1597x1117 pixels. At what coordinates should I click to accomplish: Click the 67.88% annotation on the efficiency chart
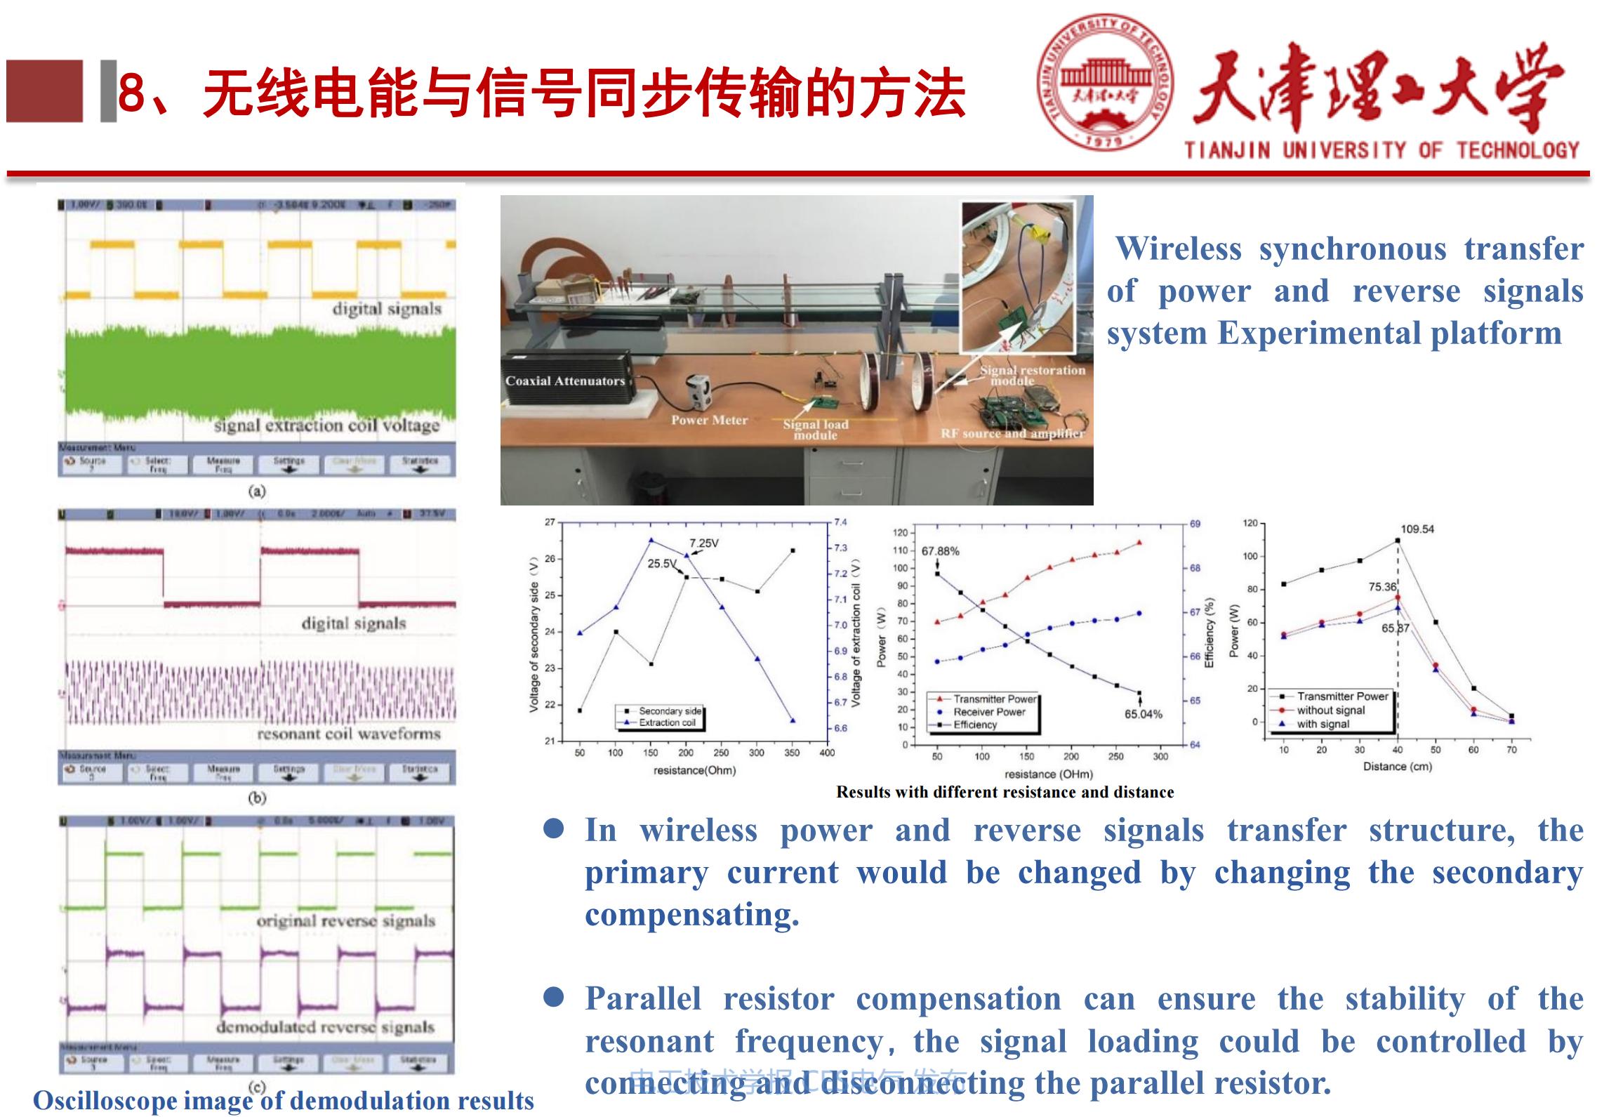point(940,551)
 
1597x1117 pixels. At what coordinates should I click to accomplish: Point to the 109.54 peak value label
point(1417,529)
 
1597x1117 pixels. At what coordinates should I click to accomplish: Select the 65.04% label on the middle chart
point(1143,714)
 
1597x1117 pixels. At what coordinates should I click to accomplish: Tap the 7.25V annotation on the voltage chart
point(703,543)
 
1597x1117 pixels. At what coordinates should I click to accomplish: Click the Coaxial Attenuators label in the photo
point(564,381)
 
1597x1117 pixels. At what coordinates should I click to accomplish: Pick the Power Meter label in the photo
point(709,420)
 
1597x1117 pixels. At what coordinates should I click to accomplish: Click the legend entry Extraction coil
point(667,722)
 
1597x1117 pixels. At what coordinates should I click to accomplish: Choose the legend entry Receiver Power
point(989,712)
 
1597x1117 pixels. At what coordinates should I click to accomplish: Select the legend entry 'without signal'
point(1330,710)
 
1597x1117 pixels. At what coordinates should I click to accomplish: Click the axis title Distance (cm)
point(1397,766)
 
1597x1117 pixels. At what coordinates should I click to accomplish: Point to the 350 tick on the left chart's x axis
point(791,753)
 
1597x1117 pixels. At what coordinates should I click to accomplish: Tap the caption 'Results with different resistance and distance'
point(1005,792)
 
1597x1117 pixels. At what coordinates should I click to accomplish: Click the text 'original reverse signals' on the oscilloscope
point(345,920)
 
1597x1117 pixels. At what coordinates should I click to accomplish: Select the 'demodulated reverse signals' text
point(325,1027)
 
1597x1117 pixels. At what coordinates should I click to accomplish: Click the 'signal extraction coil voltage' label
point(326,425)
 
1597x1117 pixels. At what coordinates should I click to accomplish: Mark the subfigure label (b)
point(257,798)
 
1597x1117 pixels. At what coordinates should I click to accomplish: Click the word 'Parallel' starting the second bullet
point(643,999)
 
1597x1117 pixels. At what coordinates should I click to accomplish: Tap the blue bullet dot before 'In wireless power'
point(554,829)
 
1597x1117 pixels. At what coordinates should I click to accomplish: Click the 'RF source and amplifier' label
point(1012,434)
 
